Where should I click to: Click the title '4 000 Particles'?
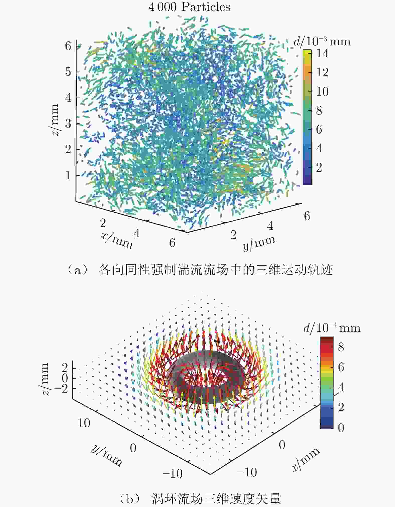tap(189, 7)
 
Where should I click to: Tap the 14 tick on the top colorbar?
tap(322, 53)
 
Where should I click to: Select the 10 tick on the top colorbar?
tap(322, 92)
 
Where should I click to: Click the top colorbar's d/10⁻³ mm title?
tap(322, 41)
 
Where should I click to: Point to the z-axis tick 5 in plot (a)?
tap(68, 72)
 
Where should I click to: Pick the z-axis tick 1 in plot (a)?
tap(68, 175)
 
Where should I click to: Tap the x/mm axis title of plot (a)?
tap(116, 240)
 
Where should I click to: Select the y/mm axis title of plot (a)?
tap(259, 243)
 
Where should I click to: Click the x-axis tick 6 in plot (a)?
tap(172, 243)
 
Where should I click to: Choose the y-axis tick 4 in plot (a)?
tap(270, 226)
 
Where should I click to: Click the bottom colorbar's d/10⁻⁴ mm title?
tap(332, 328)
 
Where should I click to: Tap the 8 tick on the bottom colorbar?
tap(341, 347)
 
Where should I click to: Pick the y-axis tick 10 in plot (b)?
tap(84, 423)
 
